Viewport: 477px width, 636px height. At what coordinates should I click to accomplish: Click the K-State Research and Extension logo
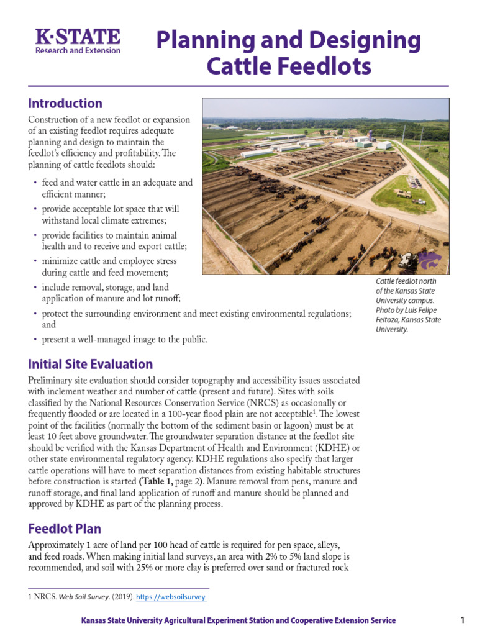tap(78, 42)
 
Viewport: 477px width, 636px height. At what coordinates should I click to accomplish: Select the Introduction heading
tap(65, 104)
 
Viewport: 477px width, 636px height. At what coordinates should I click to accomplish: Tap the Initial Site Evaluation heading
tap(90, 364)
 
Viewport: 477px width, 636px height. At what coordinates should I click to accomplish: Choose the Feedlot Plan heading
tap(65, 529)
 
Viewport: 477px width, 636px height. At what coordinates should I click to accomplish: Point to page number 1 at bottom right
tap(463, 620)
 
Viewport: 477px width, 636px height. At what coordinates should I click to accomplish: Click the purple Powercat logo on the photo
tap(429, 261)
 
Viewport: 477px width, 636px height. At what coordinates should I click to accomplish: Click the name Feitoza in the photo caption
tap(389, 320)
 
